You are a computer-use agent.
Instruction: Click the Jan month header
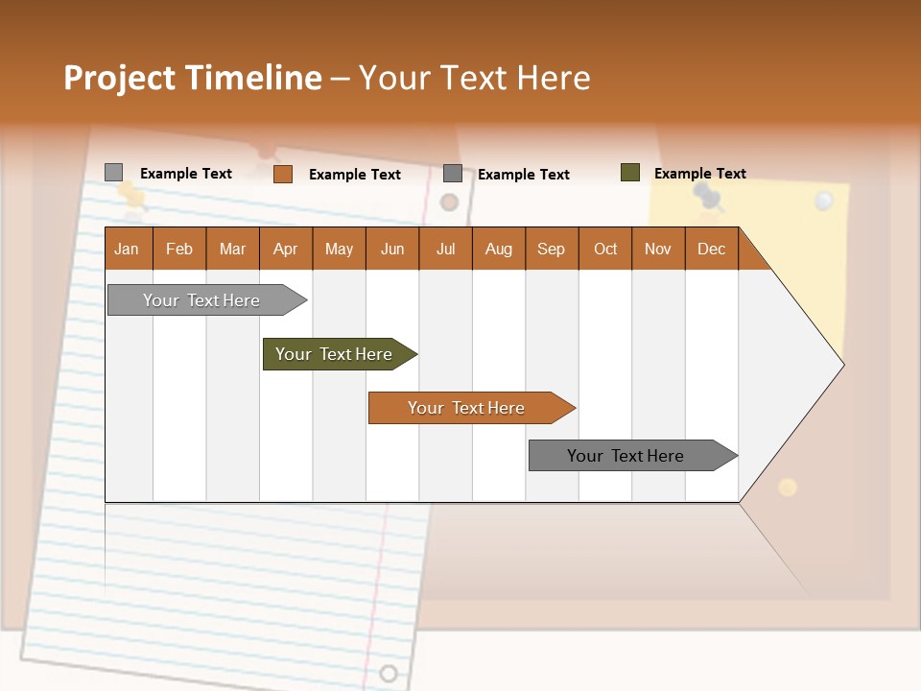click(x=127, y=249)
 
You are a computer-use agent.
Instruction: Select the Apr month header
click(x=285, y=249)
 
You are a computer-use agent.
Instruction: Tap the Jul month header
click(x=445, y=249)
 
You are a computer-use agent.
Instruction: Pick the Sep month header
click(x=551, y=249)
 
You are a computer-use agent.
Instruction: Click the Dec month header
click(x=711, y=249)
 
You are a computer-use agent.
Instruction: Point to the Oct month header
click(x=605, y=249)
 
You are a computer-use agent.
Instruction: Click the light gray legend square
click(x=113, y=173)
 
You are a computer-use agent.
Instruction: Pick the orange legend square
click(x=282, y=174)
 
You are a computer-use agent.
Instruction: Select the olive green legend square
click(x=629, y=173)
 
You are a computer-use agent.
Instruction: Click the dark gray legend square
click(x=452, y=174)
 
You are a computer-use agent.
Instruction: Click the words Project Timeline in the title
click(x=192, y=78)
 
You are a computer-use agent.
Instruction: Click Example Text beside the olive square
click(x=699, y=174)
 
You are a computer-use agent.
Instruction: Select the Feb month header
click(x=178, y=249)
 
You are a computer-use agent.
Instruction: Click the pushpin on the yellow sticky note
click(x=708, y=198)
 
